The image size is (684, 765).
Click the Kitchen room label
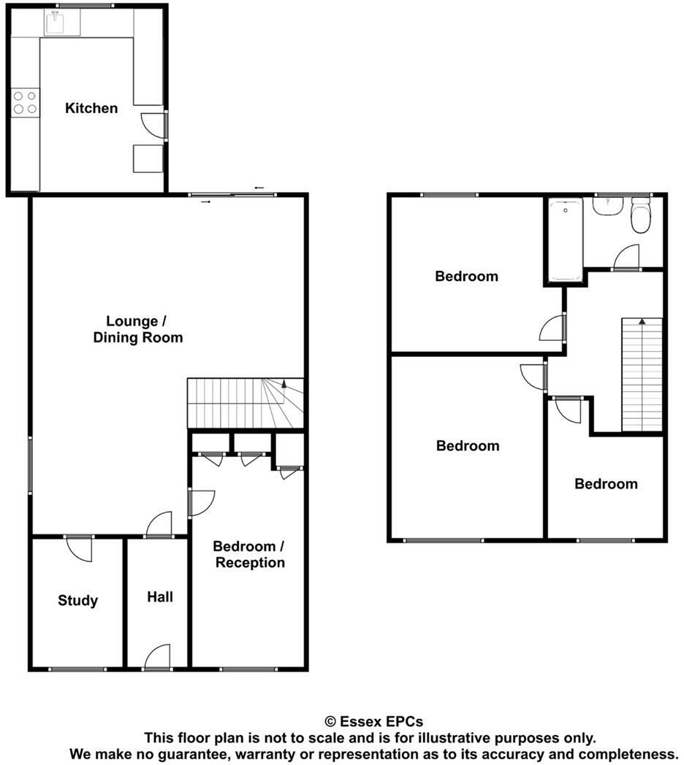91,108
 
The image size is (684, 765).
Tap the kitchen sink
62,23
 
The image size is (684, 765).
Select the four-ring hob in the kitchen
25,103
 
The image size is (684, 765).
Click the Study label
77,600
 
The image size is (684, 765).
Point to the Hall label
160,596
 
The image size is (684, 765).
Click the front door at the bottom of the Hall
158,657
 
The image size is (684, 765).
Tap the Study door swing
79,549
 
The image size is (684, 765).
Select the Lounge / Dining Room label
138,329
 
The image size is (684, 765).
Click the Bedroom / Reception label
250,554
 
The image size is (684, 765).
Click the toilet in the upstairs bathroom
640,215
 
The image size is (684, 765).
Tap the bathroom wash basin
608,205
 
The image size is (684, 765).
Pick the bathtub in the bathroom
566,239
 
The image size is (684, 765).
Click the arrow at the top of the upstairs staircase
642,321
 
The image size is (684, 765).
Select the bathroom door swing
626,257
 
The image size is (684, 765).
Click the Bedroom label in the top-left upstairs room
466,276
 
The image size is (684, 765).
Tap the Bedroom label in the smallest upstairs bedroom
606,483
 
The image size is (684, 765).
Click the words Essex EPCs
381,722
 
